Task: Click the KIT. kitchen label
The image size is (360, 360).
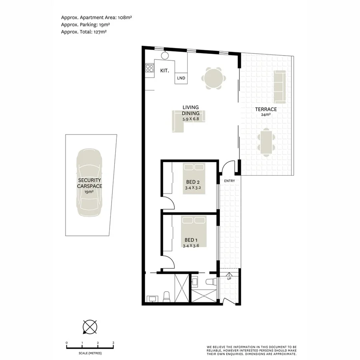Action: click(x=164, y=70)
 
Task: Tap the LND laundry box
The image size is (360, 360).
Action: click(x=181, y=78)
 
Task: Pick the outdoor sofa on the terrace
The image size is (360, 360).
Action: click(x=279, y=86)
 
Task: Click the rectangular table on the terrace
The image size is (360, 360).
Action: click(x=266, y=142)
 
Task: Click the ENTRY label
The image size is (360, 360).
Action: click(x=230, y=181)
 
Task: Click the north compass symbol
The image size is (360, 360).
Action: click(x=90, y=327)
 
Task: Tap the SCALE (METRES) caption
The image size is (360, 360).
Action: click(x=90, y=353)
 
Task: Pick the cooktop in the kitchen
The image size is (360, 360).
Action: click(x=150, y=68)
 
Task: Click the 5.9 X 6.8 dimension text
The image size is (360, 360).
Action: click(x=191, y=119)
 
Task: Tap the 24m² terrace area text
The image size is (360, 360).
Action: click(x=266, y=115)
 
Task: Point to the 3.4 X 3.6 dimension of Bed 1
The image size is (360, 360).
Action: click(x=191, y=246)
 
